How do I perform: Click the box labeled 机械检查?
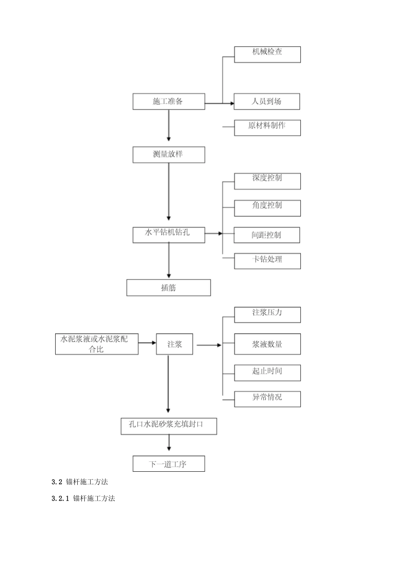pos(267,54)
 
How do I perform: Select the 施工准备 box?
pos(169,102)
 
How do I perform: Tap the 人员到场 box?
pos(267,102)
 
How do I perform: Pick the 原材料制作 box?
pos(267,128)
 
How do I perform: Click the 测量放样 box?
pos(169,155)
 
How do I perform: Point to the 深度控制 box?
pos(267,181)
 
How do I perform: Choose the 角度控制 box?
pos(267,208)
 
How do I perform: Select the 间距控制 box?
pos(267,235)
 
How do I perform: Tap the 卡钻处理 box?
pos(267,261)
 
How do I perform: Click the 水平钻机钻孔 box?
pos(169,235)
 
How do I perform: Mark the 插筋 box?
pos(168,288)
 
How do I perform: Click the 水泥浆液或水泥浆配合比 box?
pos(97,344)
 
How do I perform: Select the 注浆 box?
pos(175,344)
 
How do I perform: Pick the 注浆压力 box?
pos(267,315)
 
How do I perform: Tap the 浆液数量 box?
pos(267,344)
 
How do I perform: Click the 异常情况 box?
pos(267,399)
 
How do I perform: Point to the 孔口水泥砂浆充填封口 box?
pos(169,426)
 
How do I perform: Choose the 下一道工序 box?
pos(169,464)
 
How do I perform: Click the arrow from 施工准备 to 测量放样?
pos(169,125)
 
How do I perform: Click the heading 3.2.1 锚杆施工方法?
pos(83,498)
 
